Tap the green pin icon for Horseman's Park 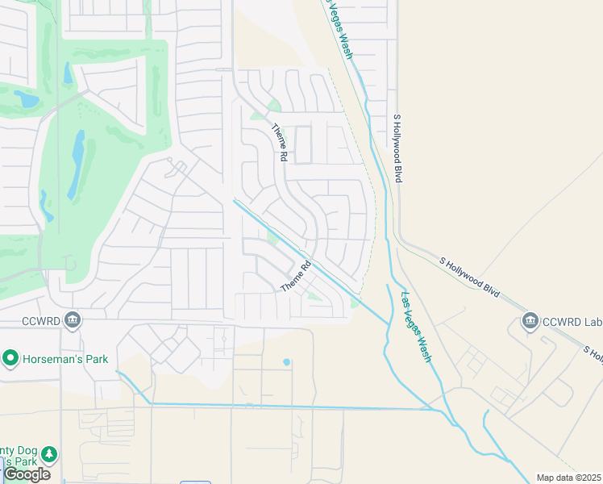point(10,357)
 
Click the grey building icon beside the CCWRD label point(73,320)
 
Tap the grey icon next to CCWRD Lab point(530,322)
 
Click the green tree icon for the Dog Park point(50,455)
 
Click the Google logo point(27,474)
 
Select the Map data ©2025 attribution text point(568,478)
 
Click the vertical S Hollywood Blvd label point(397,148)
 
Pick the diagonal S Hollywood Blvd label point(469,274)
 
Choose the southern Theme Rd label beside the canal point(296,277)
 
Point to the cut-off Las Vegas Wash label point(340,29)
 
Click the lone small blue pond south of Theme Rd point(286,362)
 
